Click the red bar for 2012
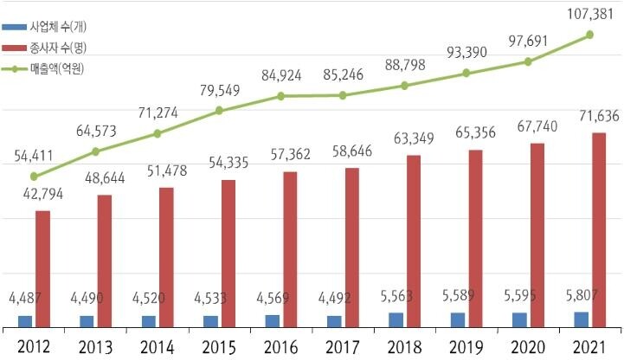(x=42, y=269)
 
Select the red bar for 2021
(x=599, y=230)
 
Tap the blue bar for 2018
(x=396, y=320)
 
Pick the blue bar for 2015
(x=210, y=322)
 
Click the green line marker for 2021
(x=589, y=35)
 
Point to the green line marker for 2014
(x=158, y=133)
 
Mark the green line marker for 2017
(x=343, y=95)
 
